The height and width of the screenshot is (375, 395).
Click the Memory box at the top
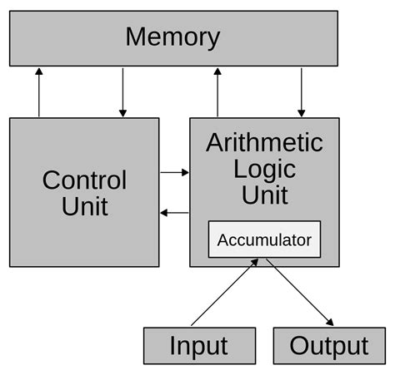[173, 38]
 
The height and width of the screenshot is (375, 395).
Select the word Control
[84, 180]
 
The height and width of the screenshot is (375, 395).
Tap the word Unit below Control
[84, 205]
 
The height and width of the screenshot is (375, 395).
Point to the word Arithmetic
[264, 142]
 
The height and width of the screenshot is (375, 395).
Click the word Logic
[264, 169]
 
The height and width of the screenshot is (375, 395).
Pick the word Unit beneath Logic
[264, 195]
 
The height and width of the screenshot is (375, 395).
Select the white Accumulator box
[264, 239]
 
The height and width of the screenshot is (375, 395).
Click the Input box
[199, 346]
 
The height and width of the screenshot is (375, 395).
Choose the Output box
[329, 346]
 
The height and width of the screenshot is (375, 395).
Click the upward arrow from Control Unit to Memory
[38, 92]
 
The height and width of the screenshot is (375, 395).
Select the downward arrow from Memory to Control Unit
[122, 92]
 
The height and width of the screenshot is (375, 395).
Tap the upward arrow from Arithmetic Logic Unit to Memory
[217, 92]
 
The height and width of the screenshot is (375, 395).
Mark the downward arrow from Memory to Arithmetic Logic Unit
[302, 92]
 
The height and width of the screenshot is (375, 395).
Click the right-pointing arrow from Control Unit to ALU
[175, 172]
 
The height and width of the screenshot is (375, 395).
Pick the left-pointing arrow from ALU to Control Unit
[175, 213]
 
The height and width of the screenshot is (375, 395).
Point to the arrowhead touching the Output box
[330, 323]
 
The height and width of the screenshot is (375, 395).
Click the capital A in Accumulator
[223, 240]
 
